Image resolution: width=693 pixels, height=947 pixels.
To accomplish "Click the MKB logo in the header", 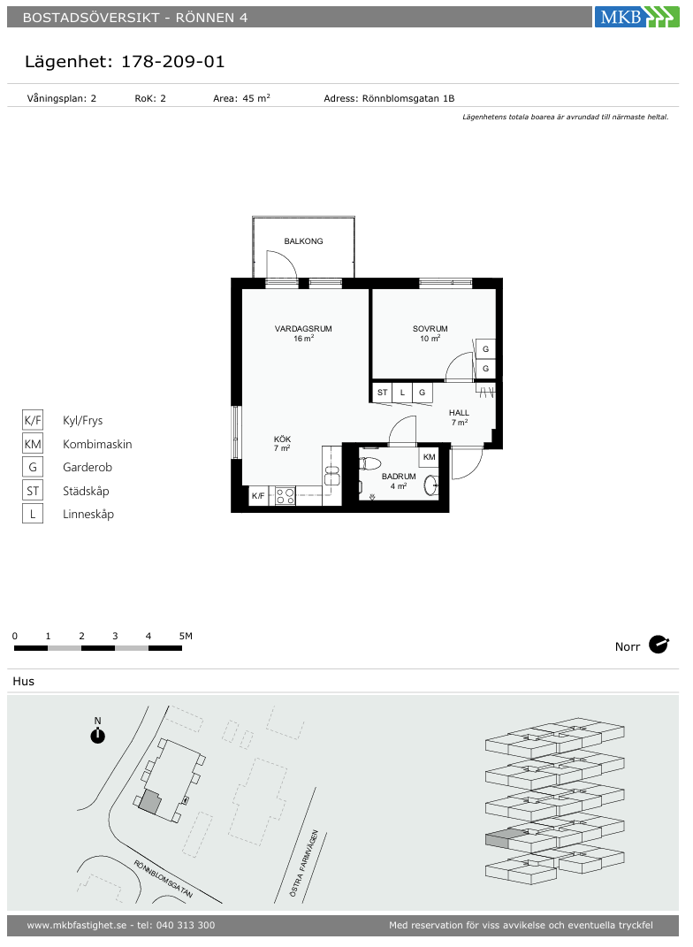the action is (636, 17).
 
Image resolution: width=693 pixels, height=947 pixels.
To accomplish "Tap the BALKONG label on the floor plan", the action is (303, 241).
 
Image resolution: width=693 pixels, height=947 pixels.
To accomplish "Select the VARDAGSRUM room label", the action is (303, 329).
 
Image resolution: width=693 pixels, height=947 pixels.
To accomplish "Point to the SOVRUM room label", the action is (430, 329).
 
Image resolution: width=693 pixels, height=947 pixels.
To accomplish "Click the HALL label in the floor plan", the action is (459, 413).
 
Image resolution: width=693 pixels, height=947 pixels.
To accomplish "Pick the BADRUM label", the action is (399, 477).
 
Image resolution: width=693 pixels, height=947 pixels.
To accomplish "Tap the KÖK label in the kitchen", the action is (282, 439).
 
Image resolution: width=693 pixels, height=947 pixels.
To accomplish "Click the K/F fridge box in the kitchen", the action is (258, 496).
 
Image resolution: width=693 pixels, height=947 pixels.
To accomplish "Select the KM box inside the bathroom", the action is (430, 457).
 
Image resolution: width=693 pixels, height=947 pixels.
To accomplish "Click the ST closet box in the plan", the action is (382, 393).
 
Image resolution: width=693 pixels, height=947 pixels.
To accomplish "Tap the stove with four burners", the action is (286, 496).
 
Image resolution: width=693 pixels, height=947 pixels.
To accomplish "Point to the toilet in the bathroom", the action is (370, 464).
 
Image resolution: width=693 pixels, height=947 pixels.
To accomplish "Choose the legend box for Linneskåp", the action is (33, 514).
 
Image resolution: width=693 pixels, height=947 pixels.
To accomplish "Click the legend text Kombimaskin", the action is (97, 444).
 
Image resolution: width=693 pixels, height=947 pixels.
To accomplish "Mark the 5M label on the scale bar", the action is (186, 636).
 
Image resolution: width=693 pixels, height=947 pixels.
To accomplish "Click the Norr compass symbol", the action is (659, 645).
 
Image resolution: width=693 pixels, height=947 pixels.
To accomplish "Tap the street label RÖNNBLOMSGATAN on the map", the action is (163, 879).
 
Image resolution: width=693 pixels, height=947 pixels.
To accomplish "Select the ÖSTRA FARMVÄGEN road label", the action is (304, 863).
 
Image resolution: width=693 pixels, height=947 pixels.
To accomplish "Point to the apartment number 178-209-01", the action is (172, 62).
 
